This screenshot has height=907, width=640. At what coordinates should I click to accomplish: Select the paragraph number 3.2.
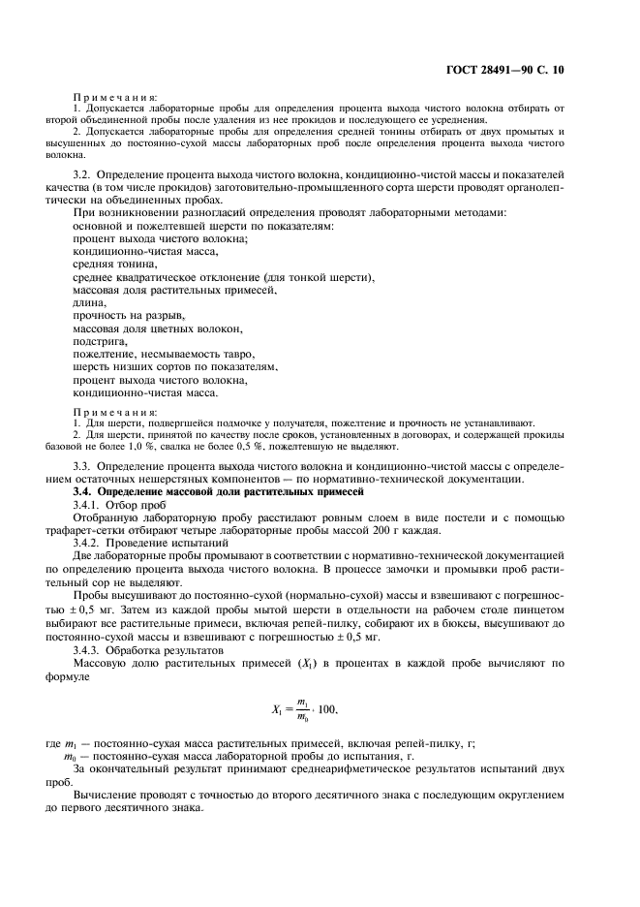pos(84,172)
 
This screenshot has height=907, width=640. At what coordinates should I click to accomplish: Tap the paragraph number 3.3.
pos(84,467)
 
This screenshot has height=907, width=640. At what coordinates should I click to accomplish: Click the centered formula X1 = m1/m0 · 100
pos(305,709)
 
